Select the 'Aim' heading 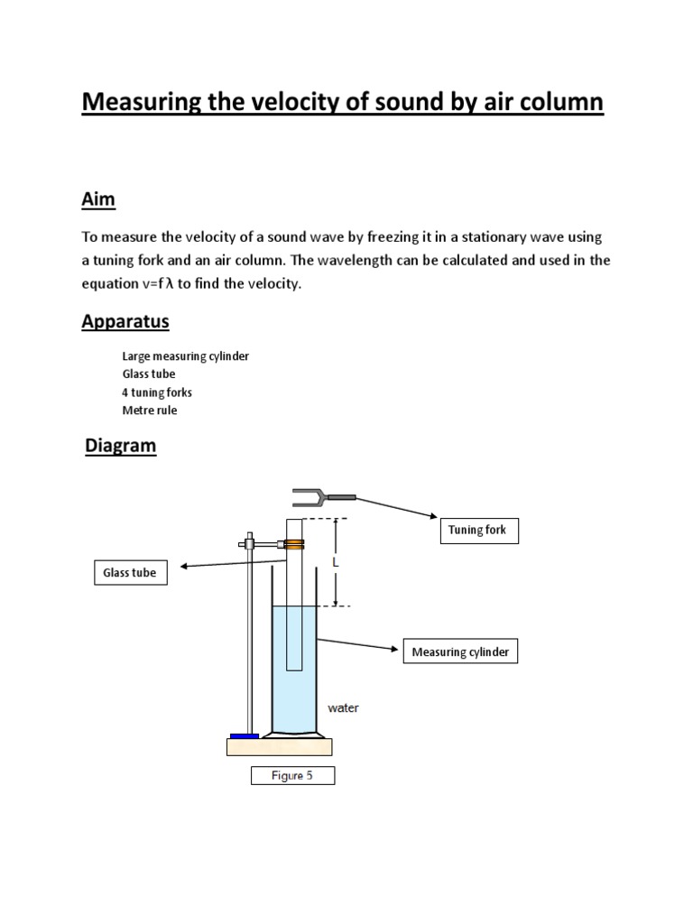tap(98, 199)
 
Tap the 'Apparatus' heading tap(125, 321)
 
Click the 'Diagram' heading tap(120, 446)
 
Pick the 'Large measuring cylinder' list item tap(185, 356)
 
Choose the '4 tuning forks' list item tap(157, 393)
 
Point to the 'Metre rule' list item tap(150, 411)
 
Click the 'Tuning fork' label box tap(478, 531)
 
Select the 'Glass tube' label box tap(131, 573)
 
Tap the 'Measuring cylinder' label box tap(460, 652)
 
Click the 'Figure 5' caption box tap(293, 776)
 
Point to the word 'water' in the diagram tap(343, 708)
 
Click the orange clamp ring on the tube tap(294, 544)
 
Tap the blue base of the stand tap(244, 736)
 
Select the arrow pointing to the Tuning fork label tap(397, 508)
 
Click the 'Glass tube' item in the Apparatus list tap(149, 374)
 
